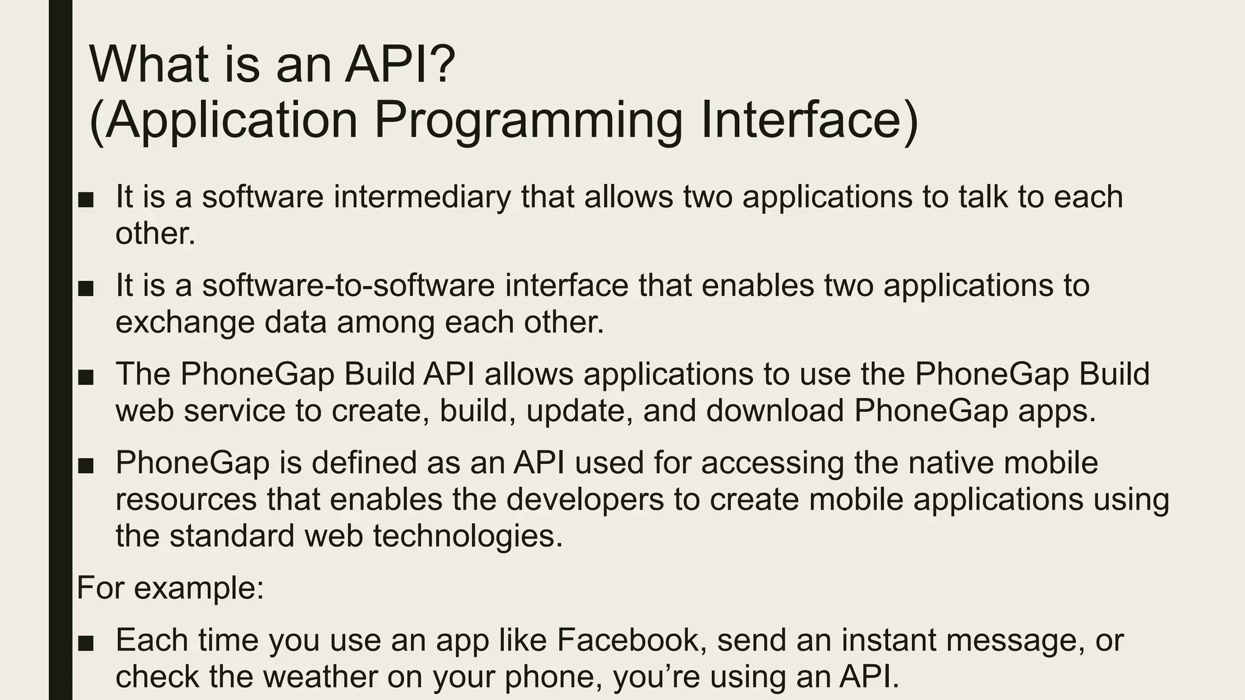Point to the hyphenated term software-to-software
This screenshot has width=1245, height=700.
coord(348,286)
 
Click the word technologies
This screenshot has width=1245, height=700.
coord(468,536)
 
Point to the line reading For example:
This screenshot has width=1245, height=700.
coord(171,588)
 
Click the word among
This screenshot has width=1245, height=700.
coord(385,322)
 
